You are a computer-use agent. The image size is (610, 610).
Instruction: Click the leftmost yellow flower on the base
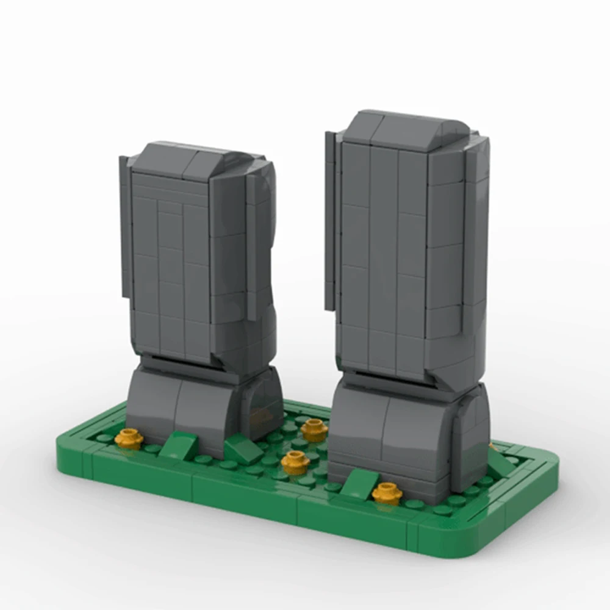click(x=129, y=437)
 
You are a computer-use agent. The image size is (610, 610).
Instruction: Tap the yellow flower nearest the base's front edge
click(x=387, y=492)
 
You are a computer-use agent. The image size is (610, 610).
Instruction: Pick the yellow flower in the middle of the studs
click(x=295, y=462)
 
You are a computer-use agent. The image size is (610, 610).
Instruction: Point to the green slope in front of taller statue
click(x=360, y=485)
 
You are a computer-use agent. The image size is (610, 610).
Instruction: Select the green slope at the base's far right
click(x=500, y=464)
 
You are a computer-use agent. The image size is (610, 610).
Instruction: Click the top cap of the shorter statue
click(x=189, y=160)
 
